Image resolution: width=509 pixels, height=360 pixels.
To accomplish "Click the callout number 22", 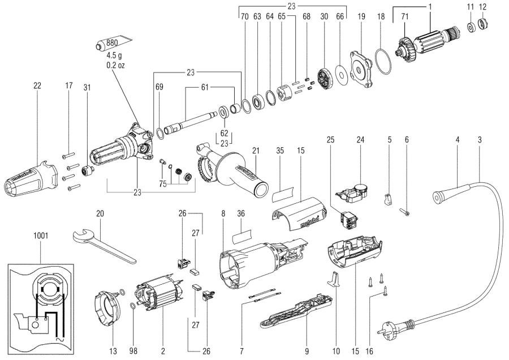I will pyautogui.click(x=37, y=85).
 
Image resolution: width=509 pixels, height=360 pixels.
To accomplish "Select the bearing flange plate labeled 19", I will pyautogui.click(x=361, y=71).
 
